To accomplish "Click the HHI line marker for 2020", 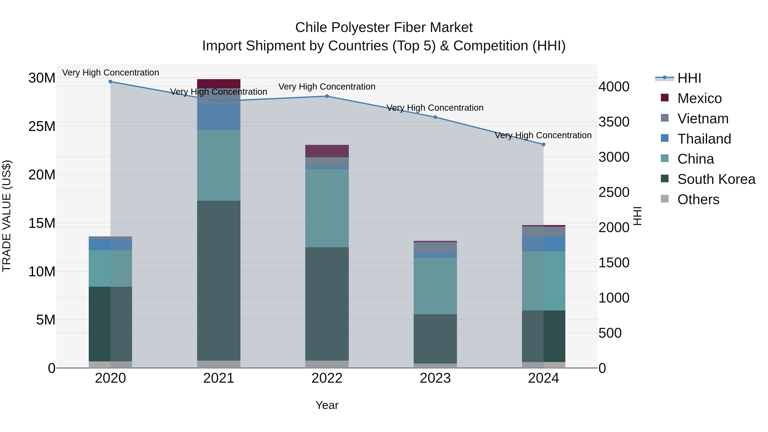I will pyautogui.click(x=110, y=82).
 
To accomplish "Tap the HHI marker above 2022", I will pyautogui.click(x=327, y=96).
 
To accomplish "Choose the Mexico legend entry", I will pyautogui.click(x=699, y=98).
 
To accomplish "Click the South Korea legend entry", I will pyautogui.click(x=716, y=179).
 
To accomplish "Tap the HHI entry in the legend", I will pyautogui.click(x=689, y=78).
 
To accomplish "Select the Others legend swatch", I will pyautogui.click(x=665, y=199).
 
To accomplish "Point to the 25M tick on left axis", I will pyautogui.click(x=42, y=127).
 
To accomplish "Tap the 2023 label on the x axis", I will pyautogui.click(x=435, y=378).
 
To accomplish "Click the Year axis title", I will pyautogui.click(x=327, y=405).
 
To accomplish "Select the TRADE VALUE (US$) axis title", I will pyautogui.click(x=7, y=216).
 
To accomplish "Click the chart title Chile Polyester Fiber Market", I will pyautogui.click(x=384, y=28).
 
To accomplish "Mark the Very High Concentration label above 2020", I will pyautogui.click(x=110, y=73).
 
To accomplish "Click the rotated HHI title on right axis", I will pyautogui.click(x=637, y=216).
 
